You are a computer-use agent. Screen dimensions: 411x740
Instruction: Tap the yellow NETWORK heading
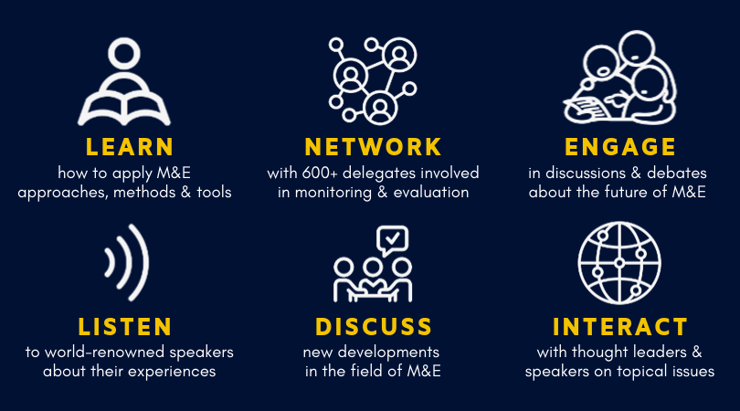tap(373, 146)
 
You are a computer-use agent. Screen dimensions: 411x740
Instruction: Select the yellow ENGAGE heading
tap(619, 146)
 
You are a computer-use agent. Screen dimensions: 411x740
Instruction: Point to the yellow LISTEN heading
tap(125, 326)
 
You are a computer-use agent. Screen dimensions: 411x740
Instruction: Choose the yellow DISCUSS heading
tap(373, 326)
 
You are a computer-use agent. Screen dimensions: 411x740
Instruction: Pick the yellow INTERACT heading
tap(619, 326)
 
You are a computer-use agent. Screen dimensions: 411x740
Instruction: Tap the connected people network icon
tap(373, 79)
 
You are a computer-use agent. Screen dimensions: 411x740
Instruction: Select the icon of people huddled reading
tap(622, 79)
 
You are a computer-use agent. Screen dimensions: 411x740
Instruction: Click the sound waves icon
tap(127, 262)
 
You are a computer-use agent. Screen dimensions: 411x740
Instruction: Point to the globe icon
tap(619, 262)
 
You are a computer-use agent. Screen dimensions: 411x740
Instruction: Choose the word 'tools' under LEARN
tap(212, 192)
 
